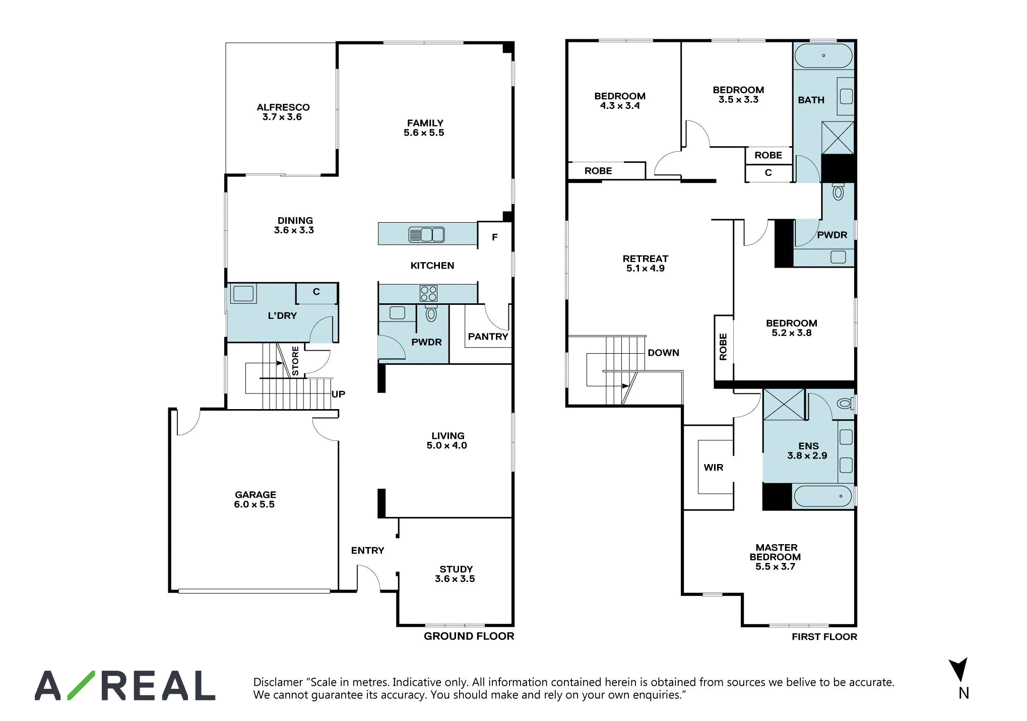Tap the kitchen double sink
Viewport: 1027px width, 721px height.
[x=426, y=235]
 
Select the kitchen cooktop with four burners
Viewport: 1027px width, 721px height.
[x=428, y=294]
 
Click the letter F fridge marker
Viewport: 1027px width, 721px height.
[x=495, y=237]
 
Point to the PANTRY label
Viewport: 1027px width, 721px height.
[x=488, y=337]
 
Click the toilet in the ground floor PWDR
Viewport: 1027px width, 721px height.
[x=431, y=313]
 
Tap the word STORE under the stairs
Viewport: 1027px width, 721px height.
[x=295, y=361]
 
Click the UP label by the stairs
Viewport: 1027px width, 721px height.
[x=338, y=394]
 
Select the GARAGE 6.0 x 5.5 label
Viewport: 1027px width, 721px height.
[x=255, y=499]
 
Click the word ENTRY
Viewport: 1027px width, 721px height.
[x=367, y=550]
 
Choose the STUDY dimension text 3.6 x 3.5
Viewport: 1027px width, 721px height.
[x=455, y=579]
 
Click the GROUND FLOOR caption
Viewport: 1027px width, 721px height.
[x=469, y=636]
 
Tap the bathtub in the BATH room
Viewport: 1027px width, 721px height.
[x=823, y=55]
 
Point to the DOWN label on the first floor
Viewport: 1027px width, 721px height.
[x=663, y=353]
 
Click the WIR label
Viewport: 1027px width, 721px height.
[x=713, y=468]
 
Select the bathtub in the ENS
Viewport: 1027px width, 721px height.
[x=823, y=496]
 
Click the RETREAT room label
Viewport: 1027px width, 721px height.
[x=646, y=258]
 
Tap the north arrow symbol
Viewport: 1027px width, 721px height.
[x=959, y=670]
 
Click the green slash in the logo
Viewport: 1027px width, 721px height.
[x=81, y=685]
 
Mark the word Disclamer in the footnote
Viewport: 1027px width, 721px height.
[x=278, y=682]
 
